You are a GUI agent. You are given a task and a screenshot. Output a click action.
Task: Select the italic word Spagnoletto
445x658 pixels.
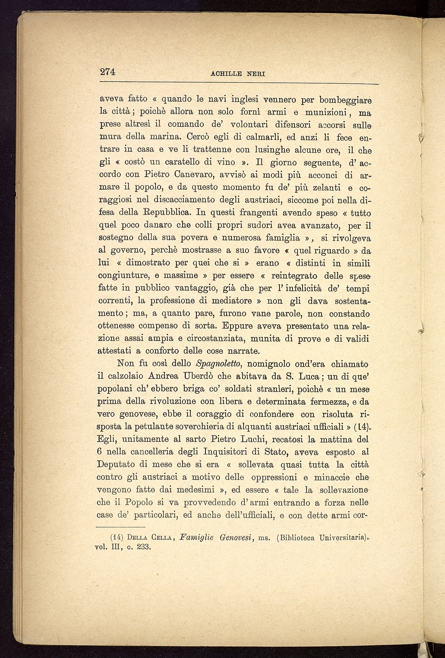(x=219, y=364)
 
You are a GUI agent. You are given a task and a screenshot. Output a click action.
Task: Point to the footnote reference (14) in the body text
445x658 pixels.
(x=361, y=427)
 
